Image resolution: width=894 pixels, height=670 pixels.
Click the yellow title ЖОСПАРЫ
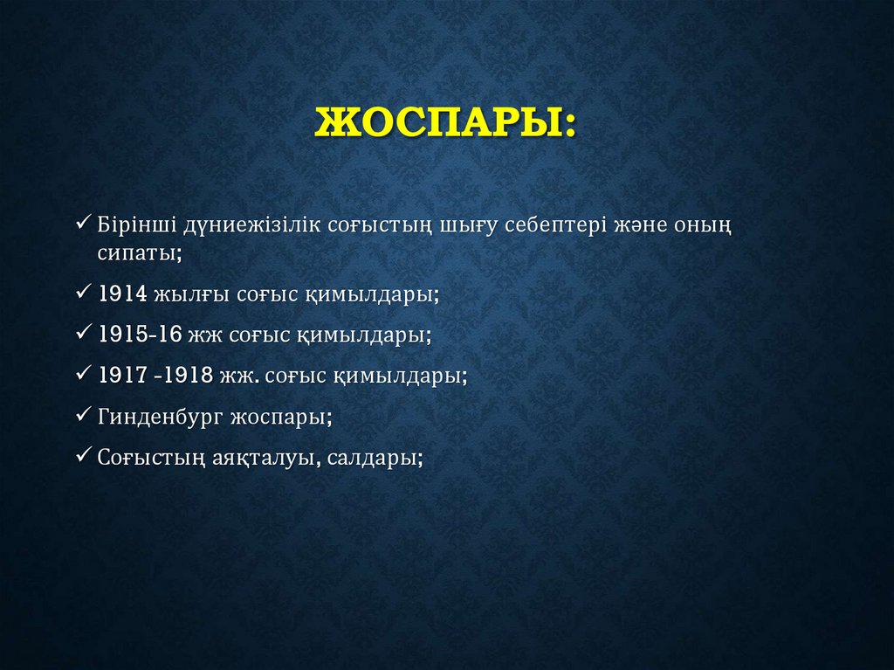tap(446, 121)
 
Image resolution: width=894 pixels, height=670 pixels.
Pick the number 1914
tap(123, 294)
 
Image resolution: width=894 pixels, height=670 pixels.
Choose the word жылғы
tap(192, 294)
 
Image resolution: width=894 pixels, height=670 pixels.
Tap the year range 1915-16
tap(141, 335)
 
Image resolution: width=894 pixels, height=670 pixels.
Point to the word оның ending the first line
tap(703, 227)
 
